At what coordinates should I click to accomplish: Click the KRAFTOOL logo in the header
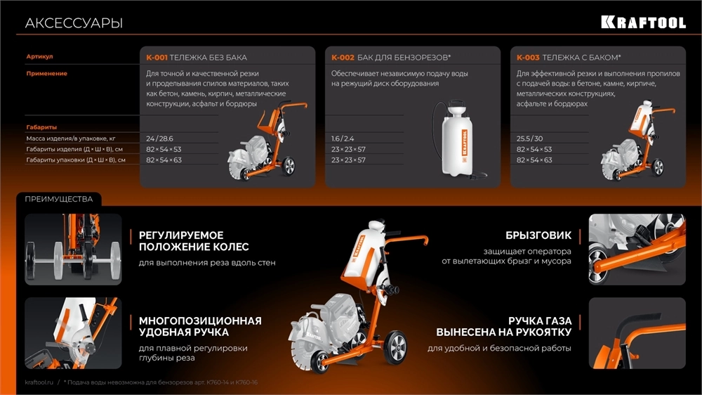click(x=643, y=22)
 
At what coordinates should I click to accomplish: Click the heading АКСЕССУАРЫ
click(x=74, y=23)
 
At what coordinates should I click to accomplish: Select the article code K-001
click(x=157, y=58)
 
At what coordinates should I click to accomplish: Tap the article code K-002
click(x=343, y=58)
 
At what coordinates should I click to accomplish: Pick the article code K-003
click(x=528, y=58)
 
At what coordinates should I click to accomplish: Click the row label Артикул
click(x=39, y=56)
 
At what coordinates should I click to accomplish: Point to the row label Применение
click(x=46, y=74)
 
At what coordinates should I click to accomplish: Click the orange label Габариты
click(x=41, y=127)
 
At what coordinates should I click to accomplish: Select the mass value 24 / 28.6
click(x=159, y=138)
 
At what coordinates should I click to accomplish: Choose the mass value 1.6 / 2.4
click(x=343, y=138)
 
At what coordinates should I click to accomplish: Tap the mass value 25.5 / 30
click(x=529, y=138)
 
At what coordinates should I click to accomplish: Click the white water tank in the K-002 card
click(x=456, y=140)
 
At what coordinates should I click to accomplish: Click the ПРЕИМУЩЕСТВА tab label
click(x=59, y=199)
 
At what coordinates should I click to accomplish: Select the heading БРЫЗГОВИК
click(x=538, y=235)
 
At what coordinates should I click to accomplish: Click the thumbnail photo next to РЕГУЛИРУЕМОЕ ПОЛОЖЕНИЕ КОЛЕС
click(x=73, y=250)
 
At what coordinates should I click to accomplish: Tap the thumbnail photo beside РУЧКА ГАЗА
click(x=637, y=333)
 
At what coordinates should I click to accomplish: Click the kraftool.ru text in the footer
click(x=39, y=382)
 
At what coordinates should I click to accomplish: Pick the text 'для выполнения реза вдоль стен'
click(x=207, y=263)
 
